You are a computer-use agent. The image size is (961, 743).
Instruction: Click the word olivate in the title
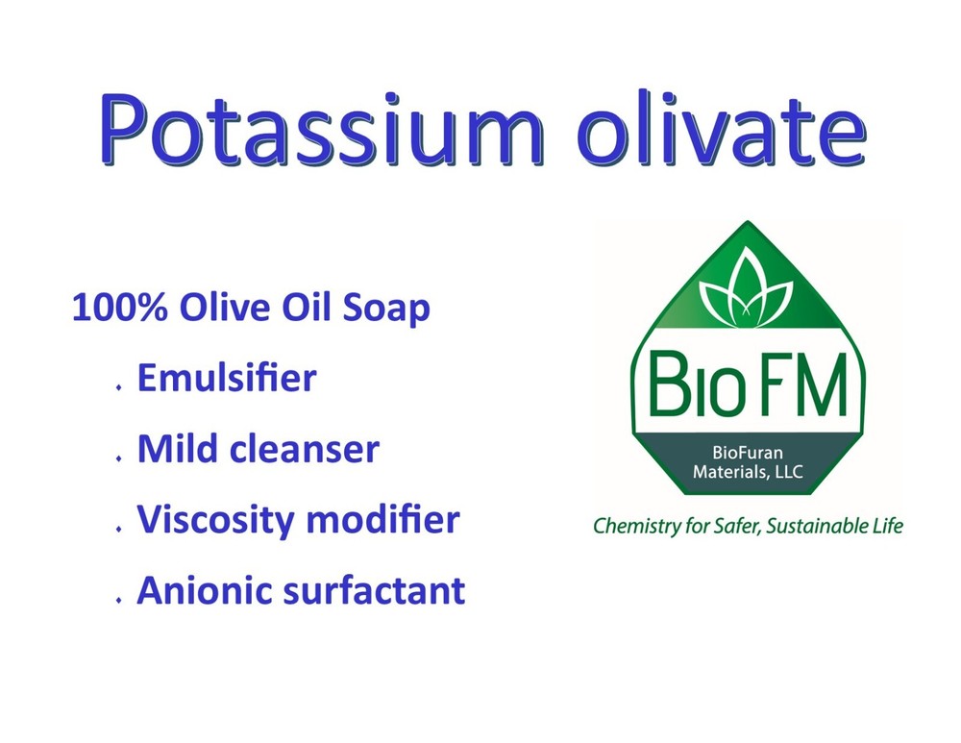click(x=722, y=129)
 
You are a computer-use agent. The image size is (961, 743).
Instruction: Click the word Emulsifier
click(x=227, y=379)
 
